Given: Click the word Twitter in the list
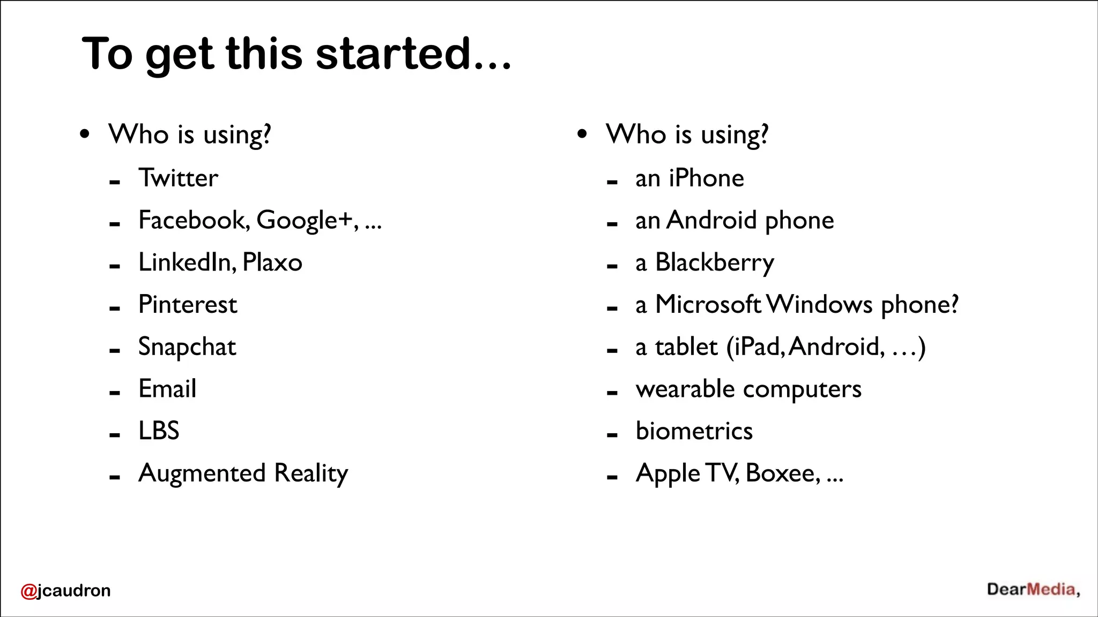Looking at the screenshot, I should (x=178, y=178).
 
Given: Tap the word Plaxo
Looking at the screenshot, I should (x=272, y=262).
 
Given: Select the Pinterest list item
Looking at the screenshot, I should (x=188, y=305).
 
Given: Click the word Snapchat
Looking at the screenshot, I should (x=187, y=347).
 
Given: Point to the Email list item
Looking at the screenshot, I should (x=167, y=389).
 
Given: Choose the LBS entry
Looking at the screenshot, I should (x=159, y=431).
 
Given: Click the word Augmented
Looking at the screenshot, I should (x=202, y=473).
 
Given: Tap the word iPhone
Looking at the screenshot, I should (x=706, y=178).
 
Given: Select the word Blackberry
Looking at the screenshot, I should (x=715, y=263).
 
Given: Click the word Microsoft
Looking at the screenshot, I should (x=708, y=305).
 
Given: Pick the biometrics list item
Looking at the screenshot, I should (x=694, y=431).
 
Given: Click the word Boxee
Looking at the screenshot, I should (x=782, y=473).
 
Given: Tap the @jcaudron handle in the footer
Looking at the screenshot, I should (x=65, y=590).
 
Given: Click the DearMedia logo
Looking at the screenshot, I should (x=1033, y=590).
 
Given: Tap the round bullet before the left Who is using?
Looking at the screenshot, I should (x=85, y=134).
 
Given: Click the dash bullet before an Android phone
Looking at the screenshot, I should (x=612, y=225).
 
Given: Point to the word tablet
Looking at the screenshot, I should (x=686, y=347).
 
